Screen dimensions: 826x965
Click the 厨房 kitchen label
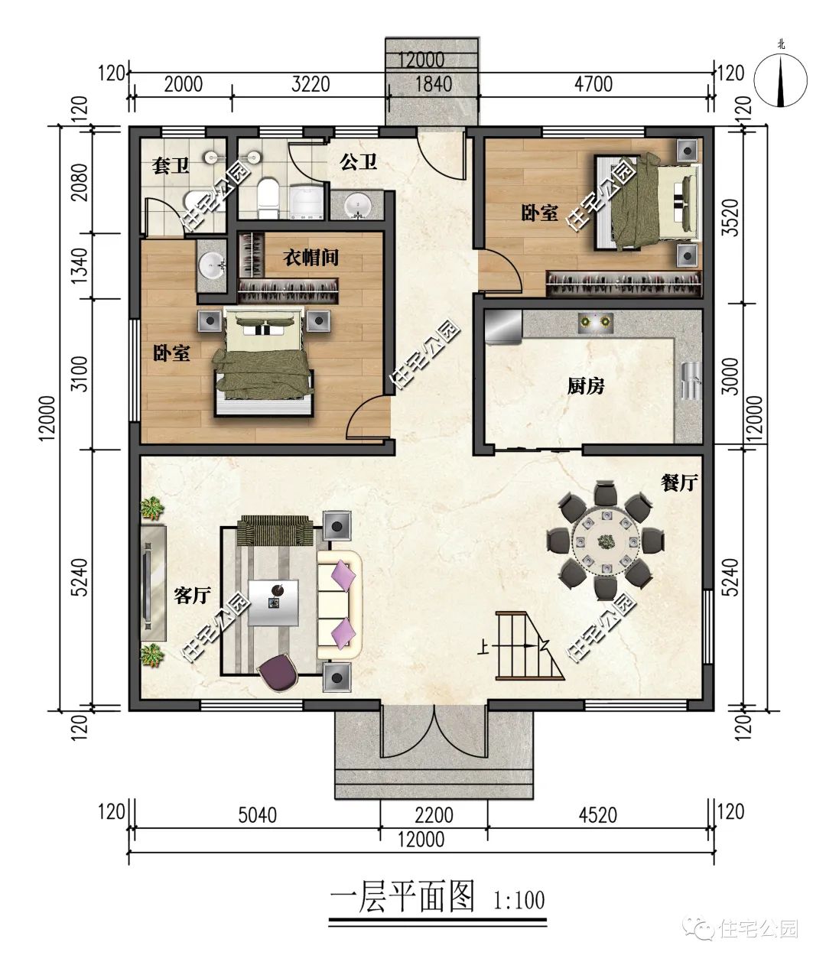point(586,386)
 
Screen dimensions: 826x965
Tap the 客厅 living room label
point(192,595)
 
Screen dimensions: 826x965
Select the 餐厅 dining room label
point(679,482)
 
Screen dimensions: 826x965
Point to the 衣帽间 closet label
point(311,257)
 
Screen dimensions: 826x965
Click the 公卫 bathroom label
point(358,162)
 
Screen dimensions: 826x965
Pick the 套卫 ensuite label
point(170,166)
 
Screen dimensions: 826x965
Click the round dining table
point(606,541)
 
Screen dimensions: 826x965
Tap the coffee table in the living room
point(274,603)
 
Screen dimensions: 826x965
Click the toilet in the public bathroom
point(268,199)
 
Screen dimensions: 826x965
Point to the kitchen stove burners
point(595,321)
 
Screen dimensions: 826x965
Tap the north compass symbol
point(780,80)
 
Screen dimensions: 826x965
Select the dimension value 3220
point(311,85)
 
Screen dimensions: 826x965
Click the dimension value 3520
point(730,218)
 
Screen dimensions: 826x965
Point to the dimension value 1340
point(80,265)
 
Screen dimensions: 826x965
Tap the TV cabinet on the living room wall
point(154,583)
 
